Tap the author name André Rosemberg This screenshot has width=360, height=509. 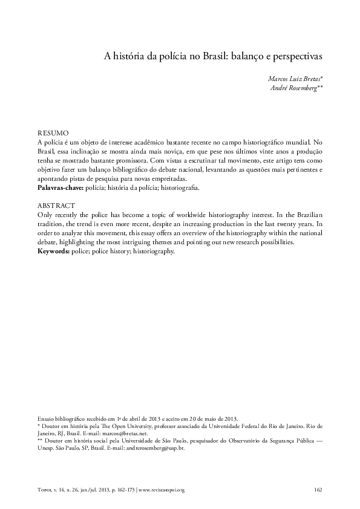click(x=298, y=88)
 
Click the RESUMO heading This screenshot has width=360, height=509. click(x=53, y=132)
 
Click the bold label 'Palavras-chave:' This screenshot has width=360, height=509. click(x=58, y=189)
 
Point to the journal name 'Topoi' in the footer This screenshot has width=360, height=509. click(x=45, y=489)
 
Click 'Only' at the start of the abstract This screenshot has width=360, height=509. click(x=45, y=215)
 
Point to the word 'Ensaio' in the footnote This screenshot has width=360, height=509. click(x=45, y=419)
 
